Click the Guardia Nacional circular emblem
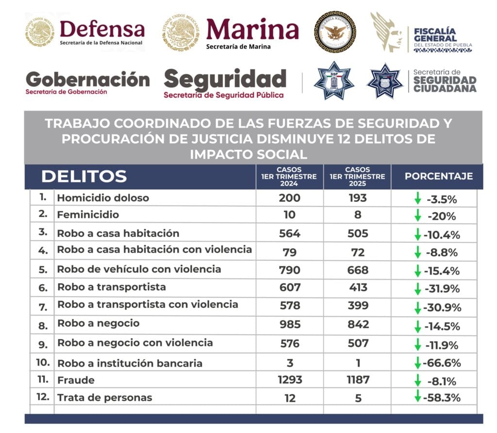[335, 32]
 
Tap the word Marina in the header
[252, 30]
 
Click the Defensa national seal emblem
[40, 32]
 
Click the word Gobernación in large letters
[87, 79]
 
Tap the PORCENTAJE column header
[438, 176]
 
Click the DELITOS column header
[83, 177]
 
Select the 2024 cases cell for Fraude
[290, 380]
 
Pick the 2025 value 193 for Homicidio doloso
[357, 198]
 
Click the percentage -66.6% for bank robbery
[442, 363]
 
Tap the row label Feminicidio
[88, 215]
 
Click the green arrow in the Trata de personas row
[417, 397]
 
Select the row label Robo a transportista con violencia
[148, 305]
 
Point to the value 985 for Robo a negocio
[290, 324]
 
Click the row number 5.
[43, 269]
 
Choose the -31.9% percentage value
[442, 289]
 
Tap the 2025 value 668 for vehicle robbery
[357, 270]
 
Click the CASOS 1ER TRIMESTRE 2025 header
[357, 177]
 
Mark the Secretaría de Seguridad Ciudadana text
[444, 81]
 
